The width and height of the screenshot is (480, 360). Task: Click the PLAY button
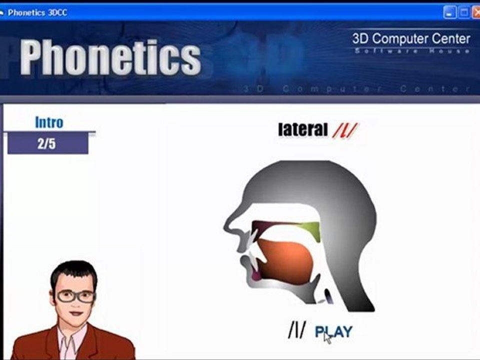tap(333, 331)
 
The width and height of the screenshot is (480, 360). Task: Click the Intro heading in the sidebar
tap(49, 122)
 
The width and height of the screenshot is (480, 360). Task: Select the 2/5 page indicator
tap(46, 144)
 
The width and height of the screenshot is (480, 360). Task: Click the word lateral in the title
tap(302, 130)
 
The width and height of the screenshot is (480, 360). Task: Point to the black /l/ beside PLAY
tap(296, 330)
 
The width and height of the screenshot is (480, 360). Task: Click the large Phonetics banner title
tap(110, 57)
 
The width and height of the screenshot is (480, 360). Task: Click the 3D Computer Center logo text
tap(411, 38)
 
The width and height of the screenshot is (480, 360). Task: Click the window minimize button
tap(449, 12)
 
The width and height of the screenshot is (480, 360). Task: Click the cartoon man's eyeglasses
tap(75, 296)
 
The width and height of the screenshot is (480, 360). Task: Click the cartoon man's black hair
tap(74, 270)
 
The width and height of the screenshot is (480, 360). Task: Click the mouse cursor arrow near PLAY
tap(327, 337)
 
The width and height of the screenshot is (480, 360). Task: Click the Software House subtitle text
tap(411, 51)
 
